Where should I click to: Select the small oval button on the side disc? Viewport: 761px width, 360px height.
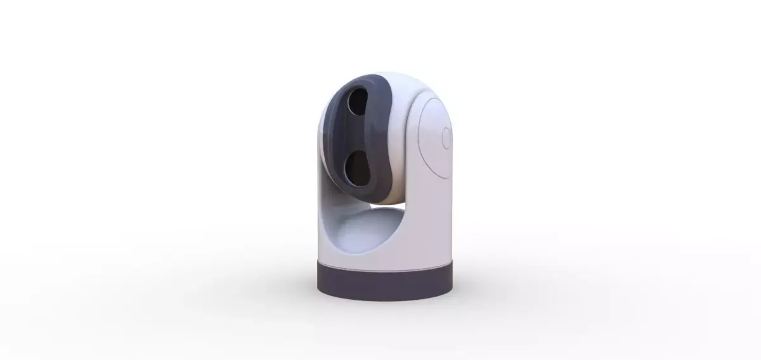445,138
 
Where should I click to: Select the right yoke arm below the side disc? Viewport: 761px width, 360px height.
431,222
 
